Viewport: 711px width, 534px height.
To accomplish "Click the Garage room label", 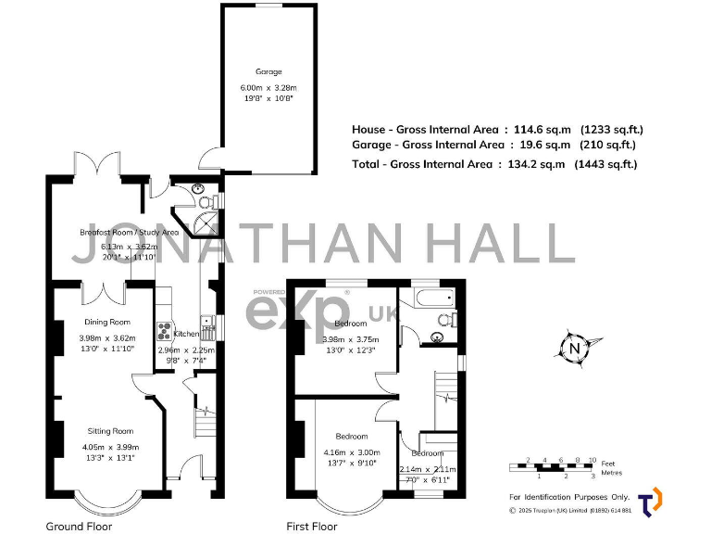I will [x=268, y=71].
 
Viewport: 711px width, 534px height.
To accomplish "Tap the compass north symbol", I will [x=574, y=350].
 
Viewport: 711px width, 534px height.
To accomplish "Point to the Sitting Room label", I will [x=110, y=431].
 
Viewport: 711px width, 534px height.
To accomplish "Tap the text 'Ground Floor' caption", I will [x=79, y=526].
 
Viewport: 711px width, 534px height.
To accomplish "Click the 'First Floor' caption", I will [x=312, y=526].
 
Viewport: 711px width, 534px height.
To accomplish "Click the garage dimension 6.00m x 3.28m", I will [x=268, y=89].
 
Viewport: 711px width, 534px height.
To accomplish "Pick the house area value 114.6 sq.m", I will [x=542, y=130].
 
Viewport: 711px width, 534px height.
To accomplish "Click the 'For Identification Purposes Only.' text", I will [x=569, y=497].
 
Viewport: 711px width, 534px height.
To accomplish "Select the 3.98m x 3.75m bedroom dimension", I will [x=350, y=339].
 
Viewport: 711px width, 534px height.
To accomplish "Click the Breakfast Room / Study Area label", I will [x=129, y=232].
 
